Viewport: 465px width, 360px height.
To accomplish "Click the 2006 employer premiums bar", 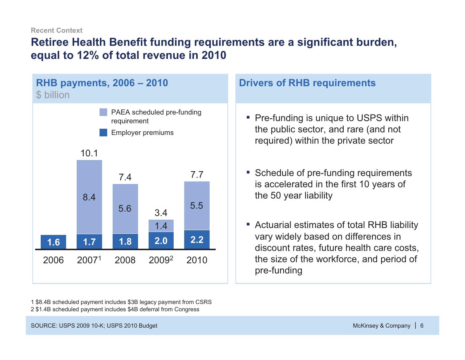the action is pos(53,242).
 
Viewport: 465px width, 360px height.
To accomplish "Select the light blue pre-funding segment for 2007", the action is pos(89,197).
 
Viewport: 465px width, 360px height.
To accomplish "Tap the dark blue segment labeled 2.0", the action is pos(161,240).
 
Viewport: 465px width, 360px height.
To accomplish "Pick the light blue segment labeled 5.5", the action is pos(197,205).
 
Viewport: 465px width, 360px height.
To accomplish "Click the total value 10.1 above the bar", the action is pos(89,153).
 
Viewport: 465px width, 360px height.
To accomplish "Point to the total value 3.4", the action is pos(161,213).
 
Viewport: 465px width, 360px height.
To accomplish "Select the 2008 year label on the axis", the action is pos(125,260).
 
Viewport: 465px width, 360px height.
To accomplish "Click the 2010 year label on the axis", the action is pos(197,260).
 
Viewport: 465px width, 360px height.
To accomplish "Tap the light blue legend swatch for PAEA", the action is pos(104,112).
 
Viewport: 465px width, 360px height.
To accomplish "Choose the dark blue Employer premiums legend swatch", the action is pos(104,133).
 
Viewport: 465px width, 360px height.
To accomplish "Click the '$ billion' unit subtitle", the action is pos(53,95).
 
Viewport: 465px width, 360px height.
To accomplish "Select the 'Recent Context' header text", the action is pos(57,31).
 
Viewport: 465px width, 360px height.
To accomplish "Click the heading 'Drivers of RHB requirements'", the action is pos(307,83).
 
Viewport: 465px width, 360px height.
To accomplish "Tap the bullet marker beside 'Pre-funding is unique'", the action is pos(248,117).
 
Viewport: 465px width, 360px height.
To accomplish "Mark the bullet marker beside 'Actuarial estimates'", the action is pos(248,224).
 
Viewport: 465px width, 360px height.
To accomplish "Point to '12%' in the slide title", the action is pos(88,55).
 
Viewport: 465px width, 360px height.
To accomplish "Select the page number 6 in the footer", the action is pos(422,325).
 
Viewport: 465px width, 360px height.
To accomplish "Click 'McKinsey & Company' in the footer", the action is pos(381,325).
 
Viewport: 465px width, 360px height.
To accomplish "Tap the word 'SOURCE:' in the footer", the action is pos(44,325).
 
